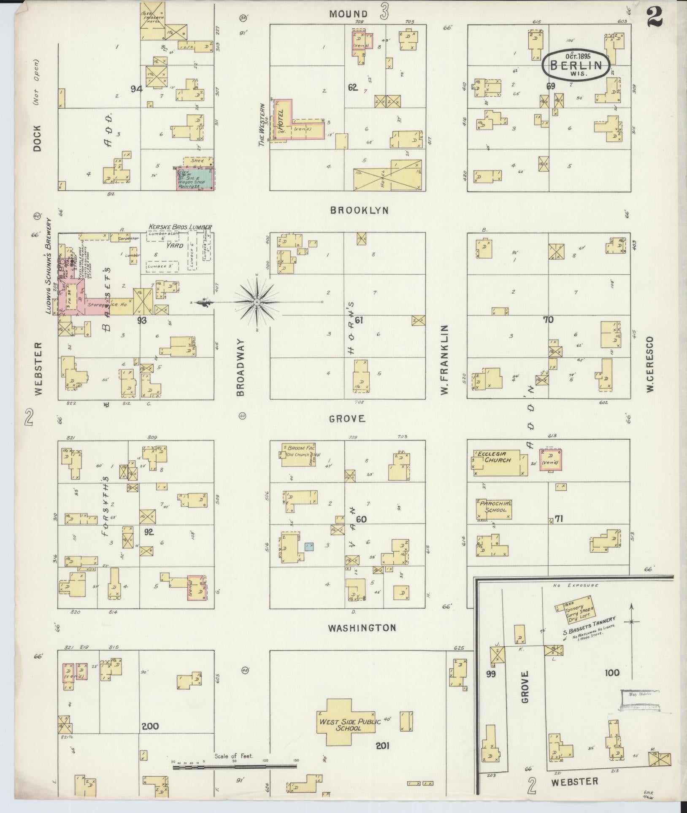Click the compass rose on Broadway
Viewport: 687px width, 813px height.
click(x=257, y=303)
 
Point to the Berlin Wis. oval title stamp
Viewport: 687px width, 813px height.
click(x=576, y=65)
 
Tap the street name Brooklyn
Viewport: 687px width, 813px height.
click(x=359, y=210)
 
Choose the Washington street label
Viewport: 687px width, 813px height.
click(x=362, y=628)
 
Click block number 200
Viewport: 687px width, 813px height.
click(x=150, y=726)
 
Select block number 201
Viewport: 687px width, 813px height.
click(x=382, y=746)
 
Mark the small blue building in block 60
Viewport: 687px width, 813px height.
click(x=309, y=547)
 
